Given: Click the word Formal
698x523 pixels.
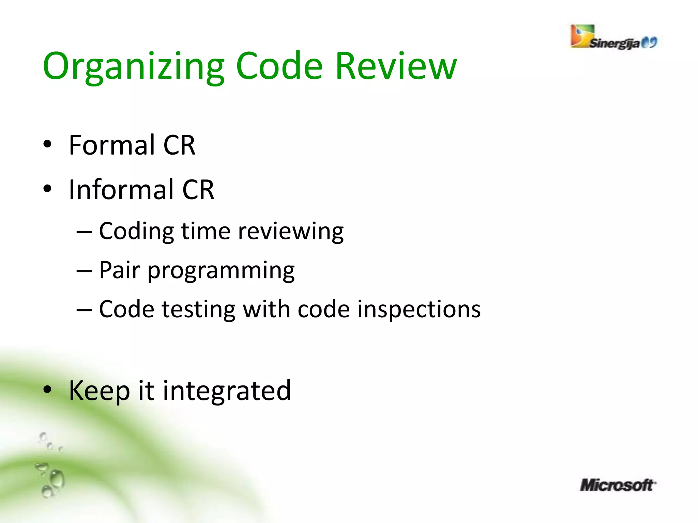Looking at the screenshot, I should pyautogui.click(x=112, y=145).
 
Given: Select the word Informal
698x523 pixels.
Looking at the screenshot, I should pyautogui.click(x=121, y=190).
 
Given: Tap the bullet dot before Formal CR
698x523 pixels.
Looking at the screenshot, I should pyautogui.click(x=47, y=144).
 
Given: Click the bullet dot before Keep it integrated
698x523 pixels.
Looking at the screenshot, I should pyautogui.click(x=47, y=389).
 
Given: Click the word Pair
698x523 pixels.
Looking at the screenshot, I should pyautogui.click(x=119, y=270).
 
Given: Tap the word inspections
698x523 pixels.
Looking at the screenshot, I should pyautogui.click(x=419, y=310).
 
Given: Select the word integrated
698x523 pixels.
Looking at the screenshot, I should pyautogui.click(x=227, y=391).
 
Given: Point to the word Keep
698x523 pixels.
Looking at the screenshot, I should pyautogui.click(x=99, y=391).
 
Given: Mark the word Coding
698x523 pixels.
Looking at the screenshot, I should pyautogui.click(x=136, y=232).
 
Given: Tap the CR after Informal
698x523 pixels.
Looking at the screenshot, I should pyautogui.click(x=198, y=190).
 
